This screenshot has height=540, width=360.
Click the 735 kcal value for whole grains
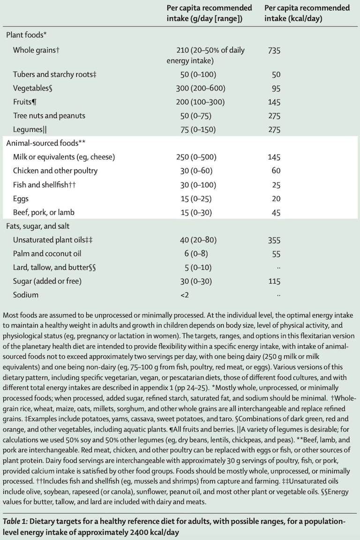click(274, 50)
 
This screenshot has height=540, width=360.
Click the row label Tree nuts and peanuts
click(49, 116)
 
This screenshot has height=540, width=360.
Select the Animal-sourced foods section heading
click(45, 143)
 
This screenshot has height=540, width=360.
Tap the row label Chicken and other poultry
click(55, 171)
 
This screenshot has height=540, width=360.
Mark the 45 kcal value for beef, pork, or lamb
click(276, 213)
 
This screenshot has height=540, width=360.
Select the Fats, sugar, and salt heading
click(38, 226)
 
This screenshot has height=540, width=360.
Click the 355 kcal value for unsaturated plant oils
click(274, 240)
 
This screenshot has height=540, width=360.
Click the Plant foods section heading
click(26, 35)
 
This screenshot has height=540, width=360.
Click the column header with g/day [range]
click(209, 13)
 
